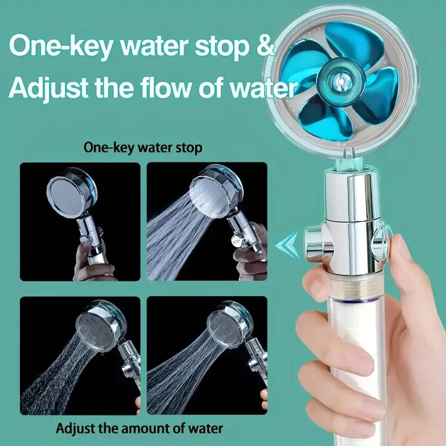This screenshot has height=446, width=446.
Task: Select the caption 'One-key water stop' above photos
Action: (143, 148)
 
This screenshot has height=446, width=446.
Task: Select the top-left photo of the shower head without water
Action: (80, 221)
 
